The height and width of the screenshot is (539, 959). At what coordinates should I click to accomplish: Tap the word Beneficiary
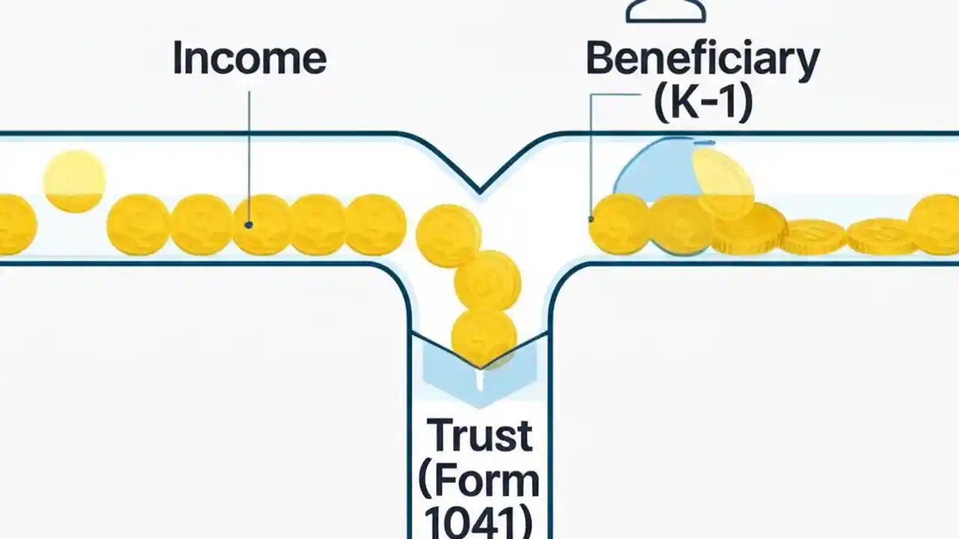[702, 60]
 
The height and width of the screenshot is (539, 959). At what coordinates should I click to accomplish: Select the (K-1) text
[702, 105]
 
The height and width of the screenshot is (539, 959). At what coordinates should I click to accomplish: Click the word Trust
[480, 436]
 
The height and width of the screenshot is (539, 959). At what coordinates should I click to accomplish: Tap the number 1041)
[479, 522]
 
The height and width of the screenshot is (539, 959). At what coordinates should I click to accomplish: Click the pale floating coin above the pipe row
[74, 180]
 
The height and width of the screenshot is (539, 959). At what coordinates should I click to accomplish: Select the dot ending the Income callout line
[248, 225]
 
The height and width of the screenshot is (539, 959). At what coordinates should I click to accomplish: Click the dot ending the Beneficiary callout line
[591, 219]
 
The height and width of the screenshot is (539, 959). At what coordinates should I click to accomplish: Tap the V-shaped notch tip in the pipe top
[479, 191]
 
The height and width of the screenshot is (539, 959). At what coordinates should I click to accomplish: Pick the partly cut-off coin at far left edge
[15, 224]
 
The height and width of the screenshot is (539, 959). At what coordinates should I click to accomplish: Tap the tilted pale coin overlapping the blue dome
[722, 183]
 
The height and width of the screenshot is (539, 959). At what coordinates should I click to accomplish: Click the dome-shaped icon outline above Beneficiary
[665, 11]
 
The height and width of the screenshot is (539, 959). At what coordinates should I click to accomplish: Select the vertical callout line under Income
[248, 157]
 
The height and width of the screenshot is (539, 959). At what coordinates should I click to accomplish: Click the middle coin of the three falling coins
[488, 281]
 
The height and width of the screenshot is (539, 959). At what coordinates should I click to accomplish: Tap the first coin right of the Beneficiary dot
[619, 224]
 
